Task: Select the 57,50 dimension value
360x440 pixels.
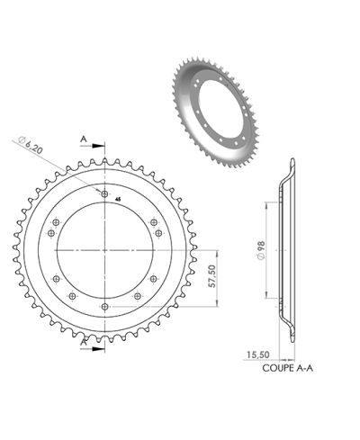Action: pyautogui.click(x=213, y=278)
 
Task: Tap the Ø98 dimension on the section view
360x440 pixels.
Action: pyautogui.click(x=260, y=246)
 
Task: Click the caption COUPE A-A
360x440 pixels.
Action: pyautogui.click(x=289, y=368)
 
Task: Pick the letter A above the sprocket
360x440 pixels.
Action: pyautogui.click(x=84, y=139)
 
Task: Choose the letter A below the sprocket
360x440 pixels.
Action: pyautogui.click(x=84, y=343)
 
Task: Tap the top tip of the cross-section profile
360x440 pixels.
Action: pyautogui.click(x=290, y=162)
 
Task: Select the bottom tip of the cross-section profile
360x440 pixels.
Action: pyautogui.click(x=290, y=337)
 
